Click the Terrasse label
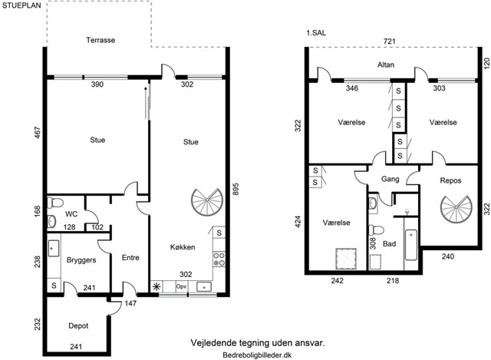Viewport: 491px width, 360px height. [101, 40]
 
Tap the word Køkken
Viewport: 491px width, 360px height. [183, 247]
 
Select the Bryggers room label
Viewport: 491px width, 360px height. [81, 260]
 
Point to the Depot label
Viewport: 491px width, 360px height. [78, 326]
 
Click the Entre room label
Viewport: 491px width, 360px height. [130, 258]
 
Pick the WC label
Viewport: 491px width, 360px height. [71, 214]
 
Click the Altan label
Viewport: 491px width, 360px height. [386, 64]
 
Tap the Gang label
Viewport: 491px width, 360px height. [390, 179]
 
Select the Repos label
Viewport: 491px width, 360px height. [450, 180]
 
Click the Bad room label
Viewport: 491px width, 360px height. [389, 244]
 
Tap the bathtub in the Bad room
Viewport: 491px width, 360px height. [411, 245]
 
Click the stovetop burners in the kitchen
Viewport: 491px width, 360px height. [219, 259]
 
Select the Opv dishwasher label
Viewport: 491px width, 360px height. [181, 286]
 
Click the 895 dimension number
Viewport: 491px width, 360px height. [236, 189]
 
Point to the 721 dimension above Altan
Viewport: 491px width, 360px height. [390, 41]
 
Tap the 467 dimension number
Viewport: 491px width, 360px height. [38, 133]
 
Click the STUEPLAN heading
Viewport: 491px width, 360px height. [21, 5]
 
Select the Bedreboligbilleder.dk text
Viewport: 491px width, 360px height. [257, 355]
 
